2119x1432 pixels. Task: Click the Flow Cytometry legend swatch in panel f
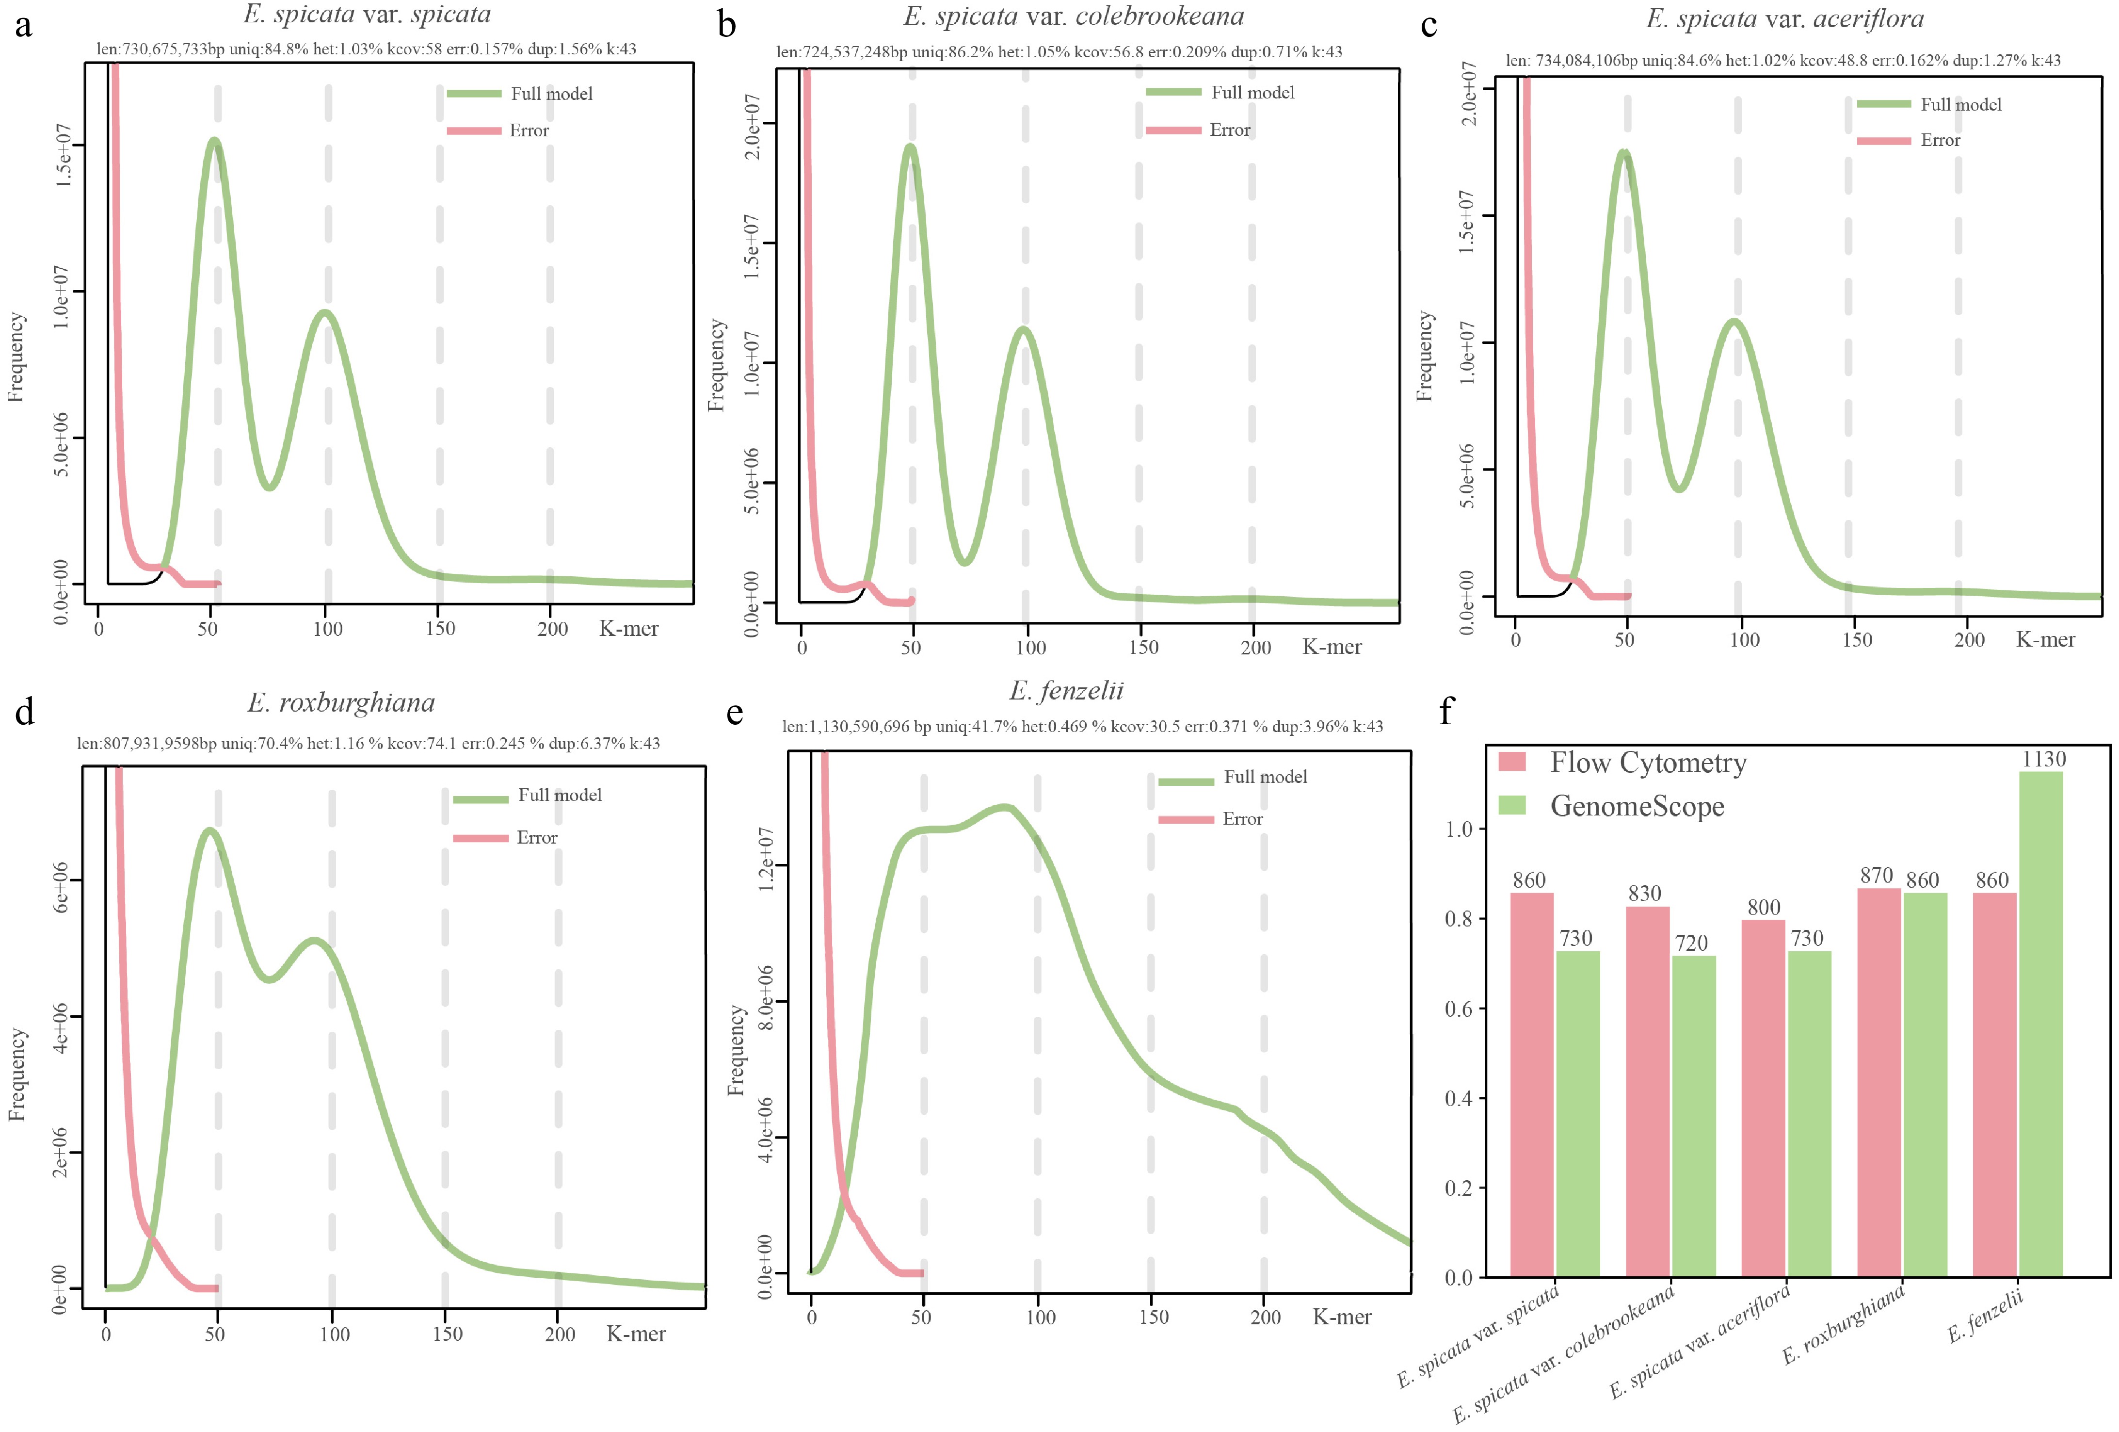[1512, 762]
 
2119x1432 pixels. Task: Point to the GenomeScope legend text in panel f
[1637, 806]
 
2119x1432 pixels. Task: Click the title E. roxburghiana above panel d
[341, 702]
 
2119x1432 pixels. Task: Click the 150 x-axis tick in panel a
[440, 628]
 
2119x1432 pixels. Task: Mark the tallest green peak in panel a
[214, 141]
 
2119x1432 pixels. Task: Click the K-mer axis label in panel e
[1341, 1317]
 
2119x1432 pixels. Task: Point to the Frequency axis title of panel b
[717, 365]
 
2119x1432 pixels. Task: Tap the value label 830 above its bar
[1645, 893]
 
